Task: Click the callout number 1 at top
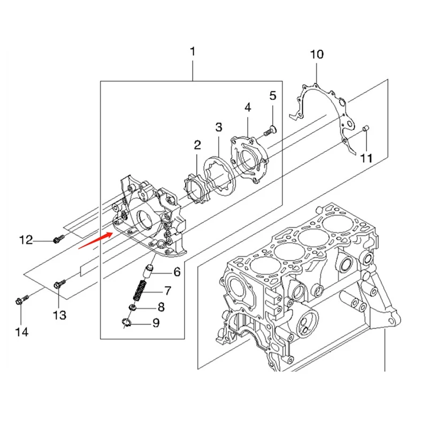[x=193, y=52]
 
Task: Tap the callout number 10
[x=316, y=54]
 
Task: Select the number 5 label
[x=273, y=96]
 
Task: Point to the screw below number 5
[x=271, y=130]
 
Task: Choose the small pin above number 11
[x=365, y=128]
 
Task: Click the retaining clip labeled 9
[x=126, y=323]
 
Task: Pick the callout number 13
[x=59, y=315]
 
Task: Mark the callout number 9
[x=156, y=323]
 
